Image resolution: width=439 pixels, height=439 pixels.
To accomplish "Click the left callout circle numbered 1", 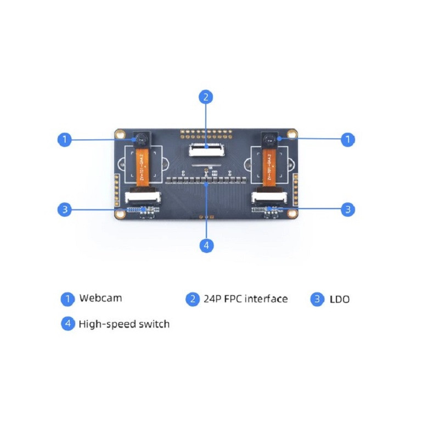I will point(65,139).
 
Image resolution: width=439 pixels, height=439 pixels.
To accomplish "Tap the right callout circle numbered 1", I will point(348,139).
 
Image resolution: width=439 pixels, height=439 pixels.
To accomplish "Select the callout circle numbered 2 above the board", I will point(205,97).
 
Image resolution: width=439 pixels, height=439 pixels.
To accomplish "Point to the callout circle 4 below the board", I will point(206,246).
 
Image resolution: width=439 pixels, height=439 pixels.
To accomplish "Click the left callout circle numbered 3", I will point(65,209).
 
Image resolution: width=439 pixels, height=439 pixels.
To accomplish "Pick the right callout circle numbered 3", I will point(348,209).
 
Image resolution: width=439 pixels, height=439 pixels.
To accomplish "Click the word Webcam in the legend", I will point(100,299).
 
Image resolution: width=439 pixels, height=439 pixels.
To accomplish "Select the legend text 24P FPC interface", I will point(245,299).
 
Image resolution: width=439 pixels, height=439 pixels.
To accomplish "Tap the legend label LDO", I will point(340,299).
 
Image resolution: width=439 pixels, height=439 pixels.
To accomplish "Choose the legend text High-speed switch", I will point(124,324).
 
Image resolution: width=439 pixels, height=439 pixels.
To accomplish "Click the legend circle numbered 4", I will point(67,324).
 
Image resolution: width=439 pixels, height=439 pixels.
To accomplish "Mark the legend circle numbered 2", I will point(192,299).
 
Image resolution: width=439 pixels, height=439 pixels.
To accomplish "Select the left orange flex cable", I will point(142,167).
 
